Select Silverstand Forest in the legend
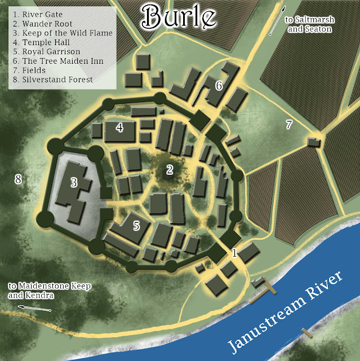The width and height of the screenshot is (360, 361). [x=53, y=80]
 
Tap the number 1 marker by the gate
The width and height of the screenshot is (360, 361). [x=235, y=253]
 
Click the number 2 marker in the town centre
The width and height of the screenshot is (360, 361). [x=169, y=168]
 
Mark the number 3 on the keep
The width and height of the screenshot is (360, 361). [x=74, y=182]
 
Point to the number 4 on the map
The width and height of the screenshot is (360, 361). [x=119, y=128]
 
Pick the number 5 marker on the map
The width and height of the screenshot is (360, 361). [x=136, y=226]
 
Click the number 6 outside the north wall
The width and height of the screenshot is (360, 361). [x=219, y=86]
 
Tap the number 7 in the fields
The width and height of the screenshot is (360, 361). [x=289, y=125]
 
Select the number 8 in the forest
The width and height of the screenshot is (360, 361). [x=18, y=180]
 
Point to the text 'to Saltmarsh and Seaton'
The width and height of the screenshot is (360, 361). [x=309, y=24]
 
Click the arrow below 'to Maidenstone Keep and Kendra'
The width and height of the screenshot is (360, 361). [x=34, y=308]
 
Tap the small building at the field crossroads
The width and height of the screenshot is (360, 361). [x=314, y=142]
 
